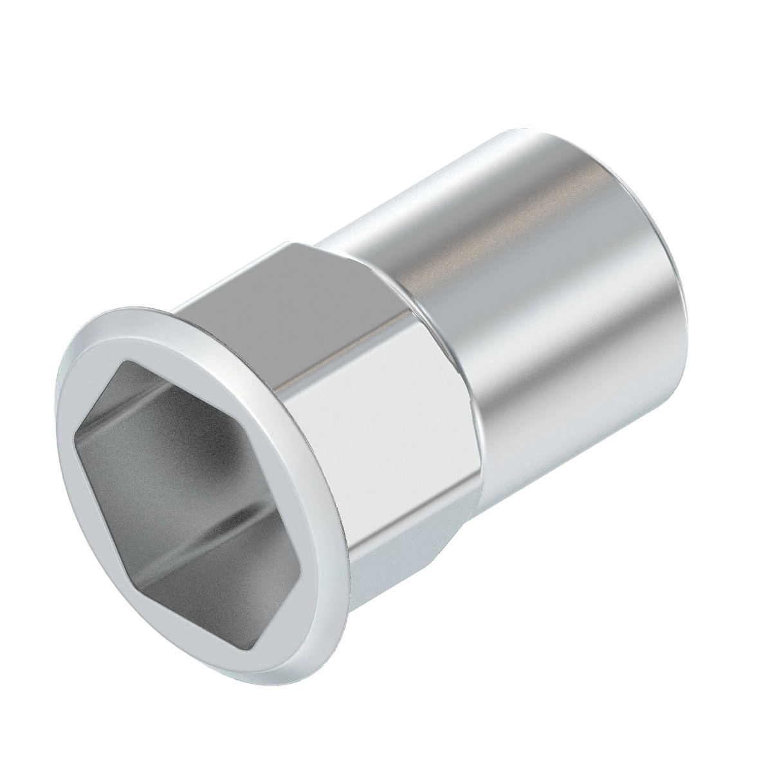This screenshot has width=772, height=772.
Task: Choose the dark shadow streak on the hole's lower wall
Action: pos(193,534)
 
